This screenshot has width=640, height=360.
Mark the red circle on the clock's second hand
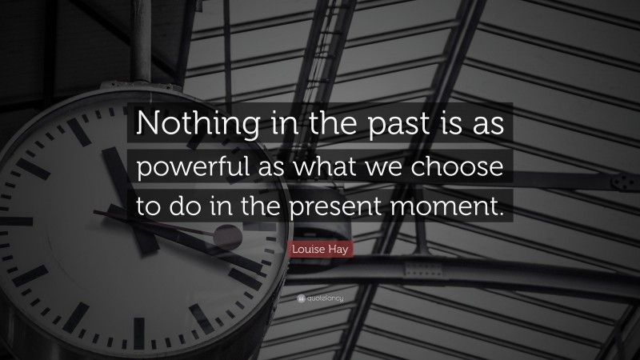(228, 237)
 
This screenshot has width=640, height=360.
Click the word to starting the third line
(150, 207)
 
